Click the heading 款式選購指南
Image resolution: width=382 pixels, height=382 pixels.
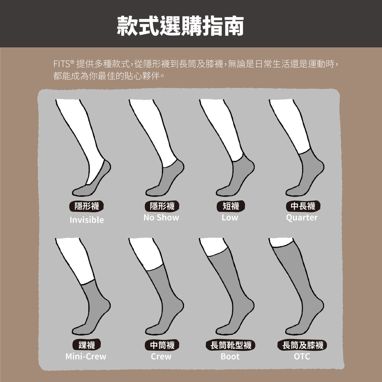(x=181, y=26)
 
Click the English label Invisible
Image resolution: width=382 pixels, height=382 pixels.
(x=87, y=220)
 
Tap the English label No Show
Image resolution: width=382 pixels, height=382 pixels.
(x=161, y=217)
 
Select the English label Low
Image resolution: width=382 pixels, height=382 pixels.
(x=229, y=217)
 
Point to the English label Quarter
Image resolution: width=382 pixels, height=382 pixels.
(x=301, y=217)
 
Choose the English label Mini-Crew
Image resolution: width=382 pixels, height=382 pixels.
(x=86, y=356)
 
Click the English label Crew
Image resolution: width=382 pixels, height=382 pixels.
(x=161, y=356)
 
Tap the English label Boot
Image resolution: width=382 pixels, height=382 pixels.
(x=230, y=356)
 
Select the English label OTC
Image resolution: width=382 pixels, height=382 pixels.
(x=302, y=356)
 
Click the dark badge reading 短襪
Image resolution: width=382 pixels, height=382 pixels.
(x=231, y=206)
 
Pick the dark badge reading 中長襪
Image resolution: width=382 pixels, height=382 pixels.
(x=303, y=206)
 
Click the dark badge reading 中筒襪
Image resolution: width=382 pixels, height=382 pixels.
(x=162, y=345)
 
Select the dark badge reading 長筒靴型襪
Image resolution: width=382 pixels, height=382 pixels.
(x=231, y=345)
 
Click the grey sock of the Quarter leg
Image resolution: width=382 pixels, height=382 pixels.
(x=308, y=175)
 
